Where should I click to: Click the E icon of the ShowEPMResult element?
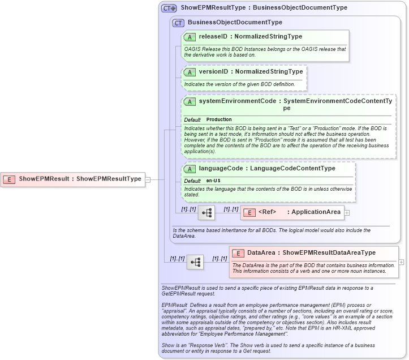(x=10, y=179)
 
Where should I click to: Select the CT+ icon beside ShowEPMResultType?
(x=169, y=8)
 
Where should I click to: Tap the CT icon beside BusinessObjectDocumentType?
(x=179, y=23)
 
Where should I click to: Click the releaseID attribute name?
(x=213, y=37)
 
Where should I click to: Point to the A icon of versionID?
(x=190, y=72)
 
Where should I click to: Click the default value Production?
(x=219, y=120)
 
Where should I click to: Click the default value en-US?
(x=213, y=181)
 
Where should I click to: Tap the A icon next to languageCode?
(x=190, y=169)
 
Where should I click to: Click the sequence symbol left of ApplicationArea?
(x=207, y=213)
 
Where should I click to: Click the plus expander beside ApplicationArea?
(x=347, y=213)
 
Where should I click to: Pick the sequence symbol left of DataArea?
(x=195, y=262)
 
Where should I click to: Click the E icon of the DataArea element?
(x=238, y=253)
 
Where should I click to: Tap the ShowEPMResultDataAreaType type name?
(x=328, y=253)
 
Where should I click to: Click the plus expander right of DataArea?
(x=402, y=262)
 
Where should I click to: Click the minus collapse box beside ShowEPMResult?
(x=148, y=179)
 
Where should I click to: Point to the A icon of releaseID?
(x=190, y=37)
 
